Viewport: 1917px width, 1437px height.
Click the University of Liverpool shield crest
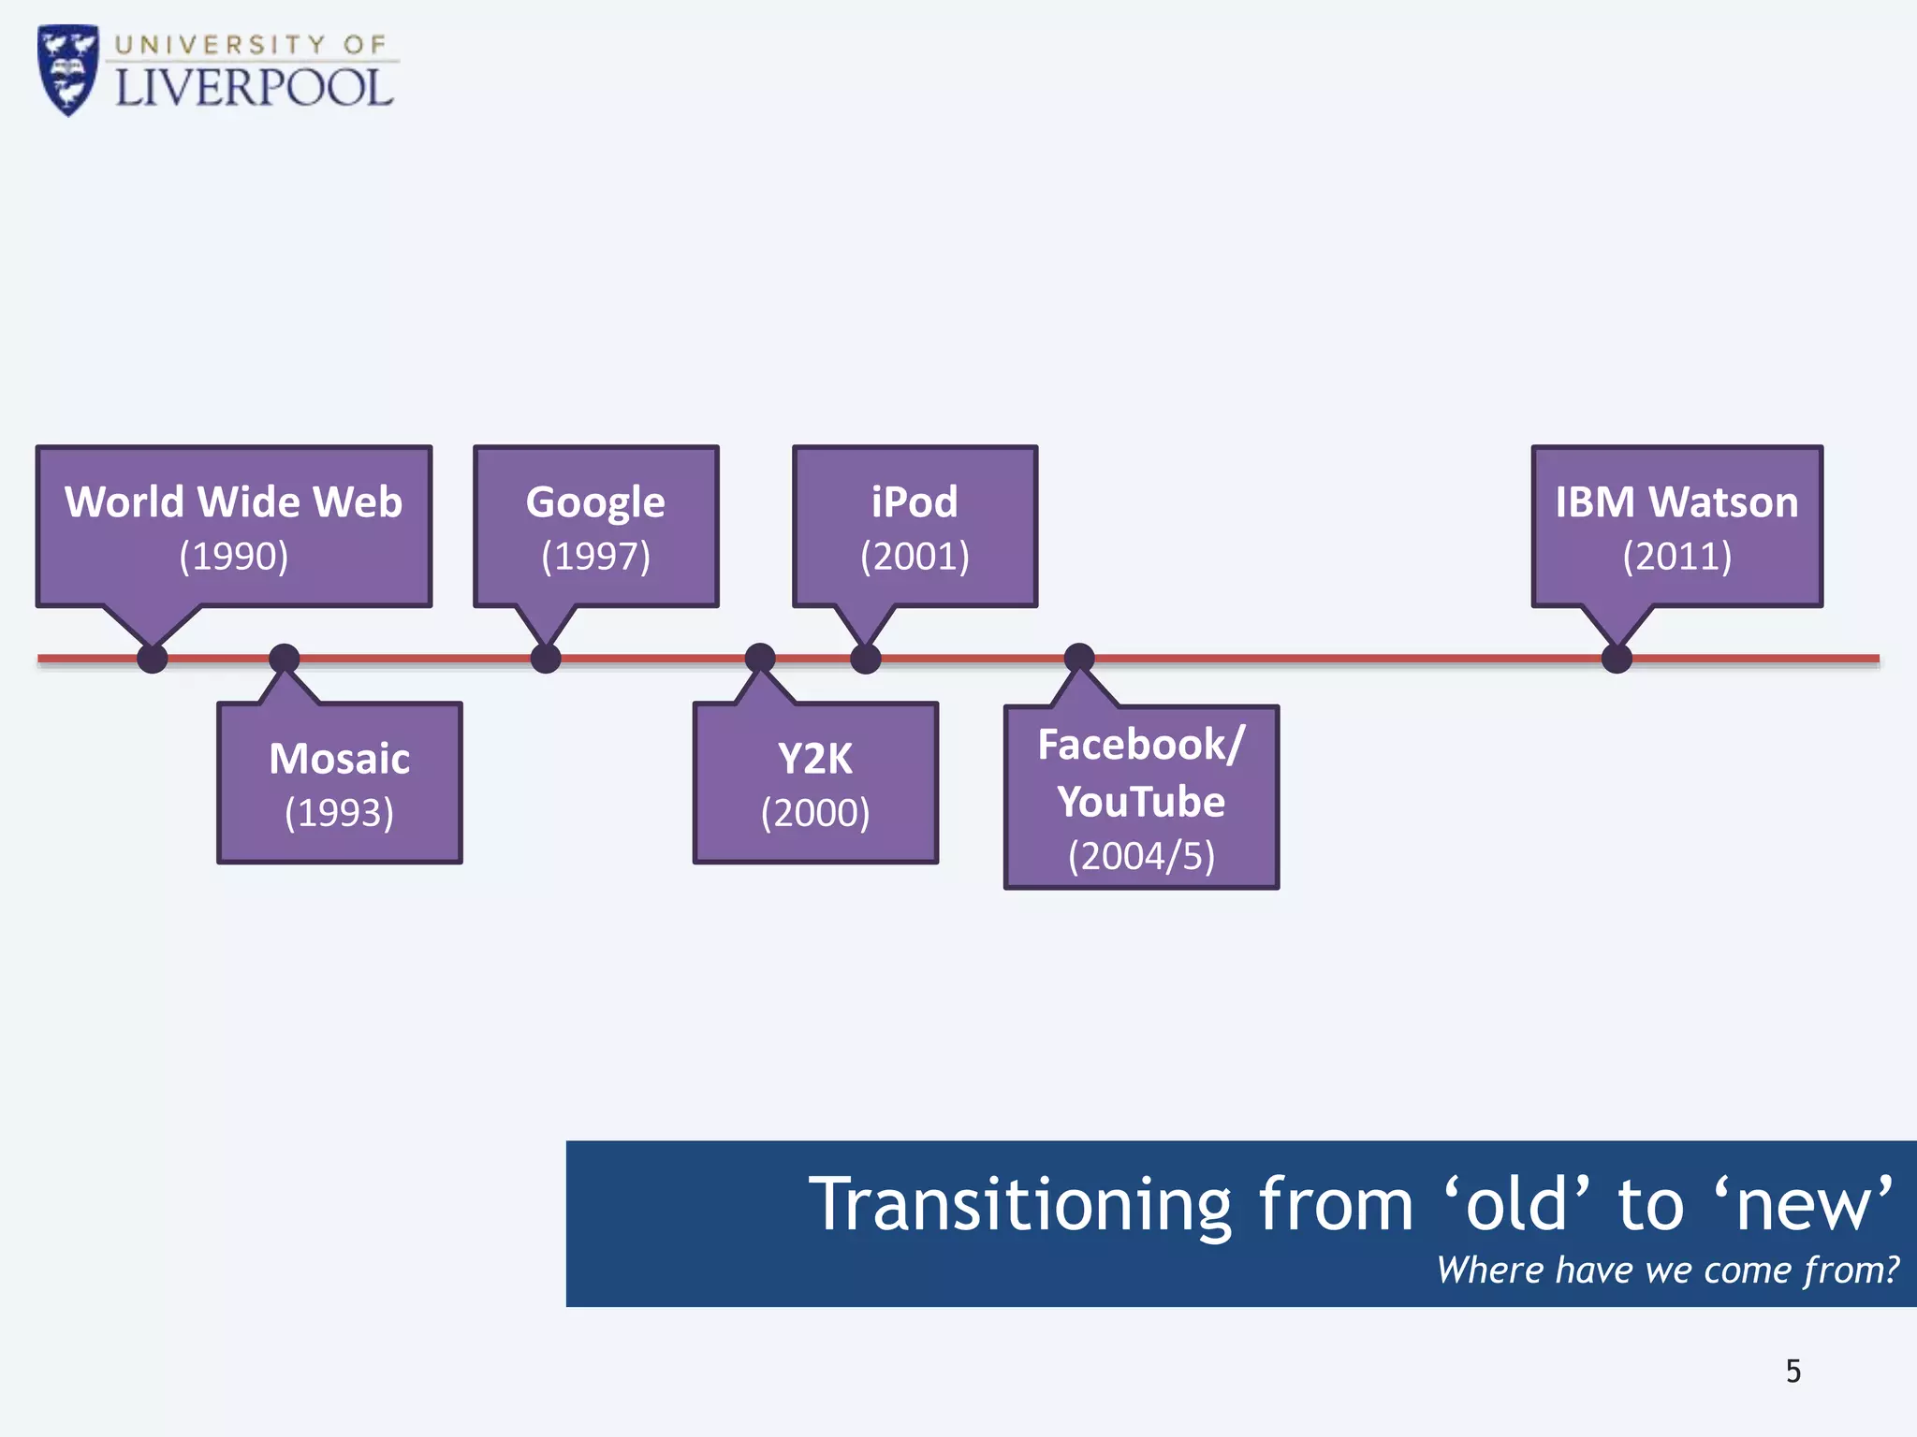[x=67, y=70]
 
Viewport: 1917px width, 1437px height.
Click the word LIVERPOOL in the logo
[x=254, y=88]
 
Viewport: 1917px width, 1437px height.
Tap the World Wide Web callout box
[x=234, y=526]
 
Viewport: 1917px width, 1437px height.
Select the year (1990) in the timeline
[x=234, y=556]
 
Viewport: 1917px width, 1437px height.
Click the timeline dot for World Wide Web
[x=153, y=658]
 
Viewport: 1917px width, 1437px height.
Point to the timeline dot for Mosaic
[x=285, y=658]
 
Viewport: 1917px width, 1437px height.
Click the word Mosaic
[x=339, y=759]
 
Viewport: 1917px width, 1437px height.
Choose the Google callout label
[x=595, y=503]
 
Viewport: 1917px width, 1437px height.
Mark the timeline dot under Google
[x=546, y=658]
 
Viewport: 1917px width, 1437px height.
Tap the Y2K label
[x=815, y=759]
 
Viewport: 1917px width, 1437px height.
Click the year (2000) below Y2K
[x=815, y=813]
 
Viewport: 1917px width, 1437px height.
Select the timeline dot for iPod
[x=866, y=658]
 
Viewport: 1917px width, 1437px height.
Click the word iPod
[x=915, y=502]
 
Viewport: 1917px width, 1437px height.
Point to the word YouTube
[x=1141, y=802]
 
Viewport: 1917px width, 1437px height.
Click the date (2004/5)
[x=1141, y=856]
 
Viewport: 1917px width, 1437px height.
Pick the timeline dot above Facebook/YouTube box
[x=1079, y=657]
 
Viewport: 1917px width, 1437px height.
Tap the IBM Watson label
[x=1676, y=502]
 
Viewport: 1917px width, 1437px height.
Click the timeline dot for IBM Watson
[x=1617, y=658]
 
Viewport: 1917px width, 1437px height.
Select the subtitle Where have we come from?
[x=1667, y=1270]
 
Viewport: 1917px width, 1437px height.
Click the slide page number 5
[x=1793, y=1372]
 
